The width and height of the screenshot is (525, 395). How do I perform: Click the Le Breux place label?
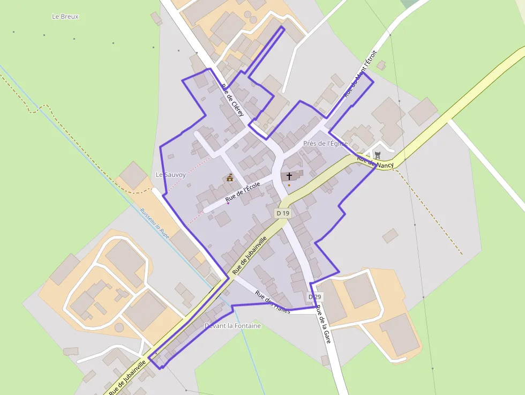pyautogui.click(x=65, y=17)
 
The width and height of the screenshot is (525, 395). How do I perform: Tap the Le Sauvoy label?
pyautogui.click(x=170, y=175)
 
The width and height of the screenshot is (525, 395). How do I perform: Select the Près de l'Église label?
pyautogui.click(x=325, y=144)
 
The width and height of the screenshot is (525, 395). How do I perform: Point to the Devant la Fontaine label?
pyautogui.click(x=232, y=326)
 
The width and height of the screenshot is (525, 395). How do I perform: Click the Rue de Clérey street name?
pyautogui.click(x=233, y=100)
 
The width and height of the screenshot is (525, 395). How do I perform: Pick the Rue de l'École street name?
pyautogui.click(x=243, y=192)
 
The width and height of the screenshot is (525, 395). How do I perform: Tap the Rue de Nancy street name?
pyautogui.click(x=375, y=162)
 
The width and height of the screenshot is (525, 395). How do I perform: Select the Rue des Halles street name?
pyautogui.click(x=273, y=302)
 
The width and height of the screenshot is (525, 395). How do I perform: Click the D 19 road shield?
pyautogui.click(x=283, y=213)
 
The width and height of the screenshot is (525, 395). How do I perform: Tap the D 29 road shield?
pyautogui.click(x=314, y=297)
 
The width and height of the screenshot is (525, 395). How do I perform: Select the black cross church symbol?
pyautogui.click(x=289, y=176)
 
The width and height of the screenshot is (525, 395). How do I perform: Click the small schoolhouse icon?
pyautogui.click(x=230, y=177)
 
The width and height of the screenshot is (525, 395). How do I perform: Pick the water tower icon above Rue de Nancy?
pyautogui.click(x=377, y=155)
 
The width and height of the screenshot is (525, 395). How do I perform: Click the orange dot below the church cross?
pyautogui.click(x=289, y=185)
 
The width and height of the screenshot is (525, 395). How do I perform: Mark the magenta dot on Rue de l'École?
pyautogui.click(x=228, y=203)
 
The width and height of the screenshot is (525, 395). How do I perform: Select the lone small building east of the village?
pyautogui.click(x=390, y=235)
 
